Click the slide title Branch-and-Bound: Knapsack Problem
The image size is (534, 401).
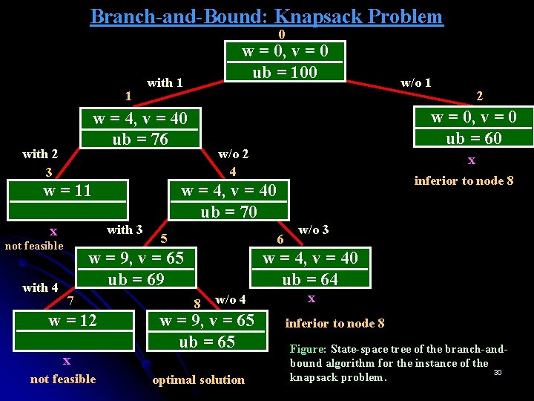tap(266, 16)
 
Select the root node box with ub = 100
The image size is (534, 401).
tap(285, 61)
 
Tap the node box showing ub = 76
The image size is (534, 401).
tap(139, 128)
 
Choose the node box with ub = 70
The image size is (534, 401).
tap(228, 200)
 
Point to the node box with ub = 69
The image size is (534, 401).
tap(136, 268)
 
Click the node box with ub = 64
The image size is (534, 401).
tap(309, 268)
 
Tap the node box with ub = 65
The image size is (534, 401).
tap(206, 330)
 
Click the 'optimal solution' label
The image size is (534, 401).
tap(198, 379)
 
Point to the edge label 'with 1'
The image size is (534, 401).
tap(165, 82)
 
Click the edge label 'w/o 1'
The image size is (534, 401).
tap(415, 82)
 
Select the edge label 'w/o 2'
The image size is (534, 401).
tap(233, 154)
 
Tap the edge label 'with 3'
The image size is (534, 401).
tap(125, 229)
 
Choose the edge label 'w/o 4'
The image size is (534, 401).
tap(230, 299)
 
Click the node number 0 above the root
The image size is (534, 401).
tap(281, 34)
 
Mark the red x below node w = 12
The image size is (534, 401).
tap(67, 361)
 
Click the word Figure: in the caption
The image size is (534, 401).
tap(308, 348)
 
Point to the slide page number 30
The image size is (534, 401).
tap(497, 372)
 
